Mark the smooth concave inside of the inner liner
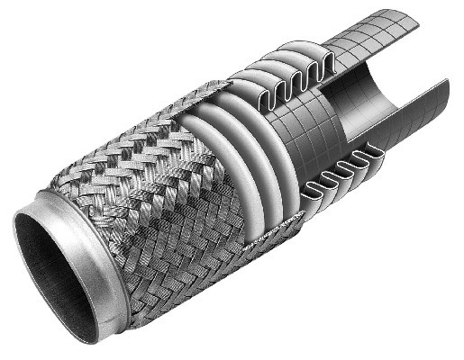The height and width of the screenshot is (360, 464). tap(360, 99)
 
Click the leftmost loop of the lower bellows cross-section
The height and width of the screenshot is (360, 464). tap(312, 189)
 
